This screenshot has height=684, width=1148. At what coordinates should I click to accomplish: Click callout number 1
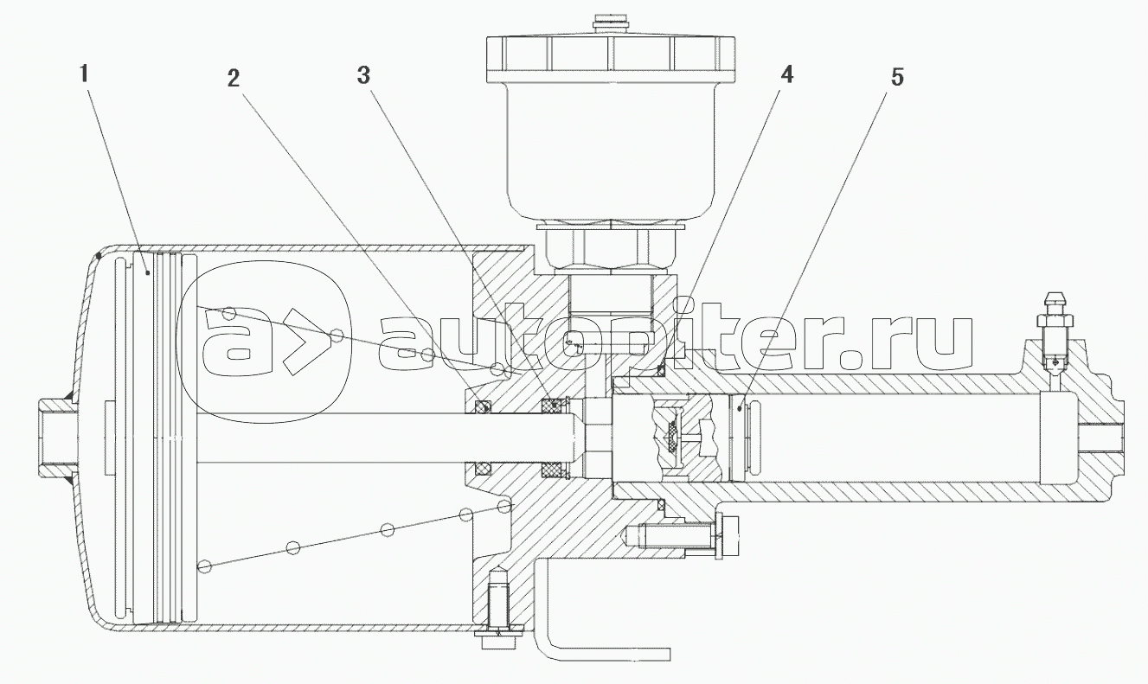pos(84,74)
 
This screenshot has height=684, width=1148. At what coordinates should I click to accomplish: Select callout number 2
pos(233,79)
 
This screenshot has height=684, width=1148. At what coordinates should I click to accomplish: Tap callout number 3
pos(363,75)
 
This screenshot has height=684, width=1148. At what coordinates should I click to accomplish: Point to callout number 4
pos(786,75)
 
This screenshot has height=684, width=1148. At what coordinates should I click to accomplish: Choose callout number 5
pos(897,77)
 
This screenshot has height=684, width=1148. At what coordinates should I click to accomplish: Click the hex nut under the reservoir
pos(611,248)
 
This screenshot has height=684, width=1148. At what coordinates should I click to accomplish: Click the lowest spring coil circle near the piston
pos(205,566)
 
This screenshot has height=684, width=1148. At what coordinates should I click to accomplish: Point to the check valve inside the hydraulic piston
pos(673,438)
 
